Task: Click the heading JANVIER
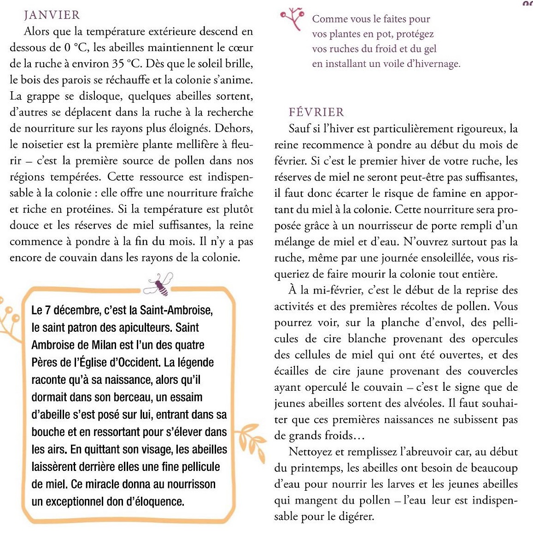tap(52, 15)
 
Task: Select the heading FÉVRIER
tap(316, 112)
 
